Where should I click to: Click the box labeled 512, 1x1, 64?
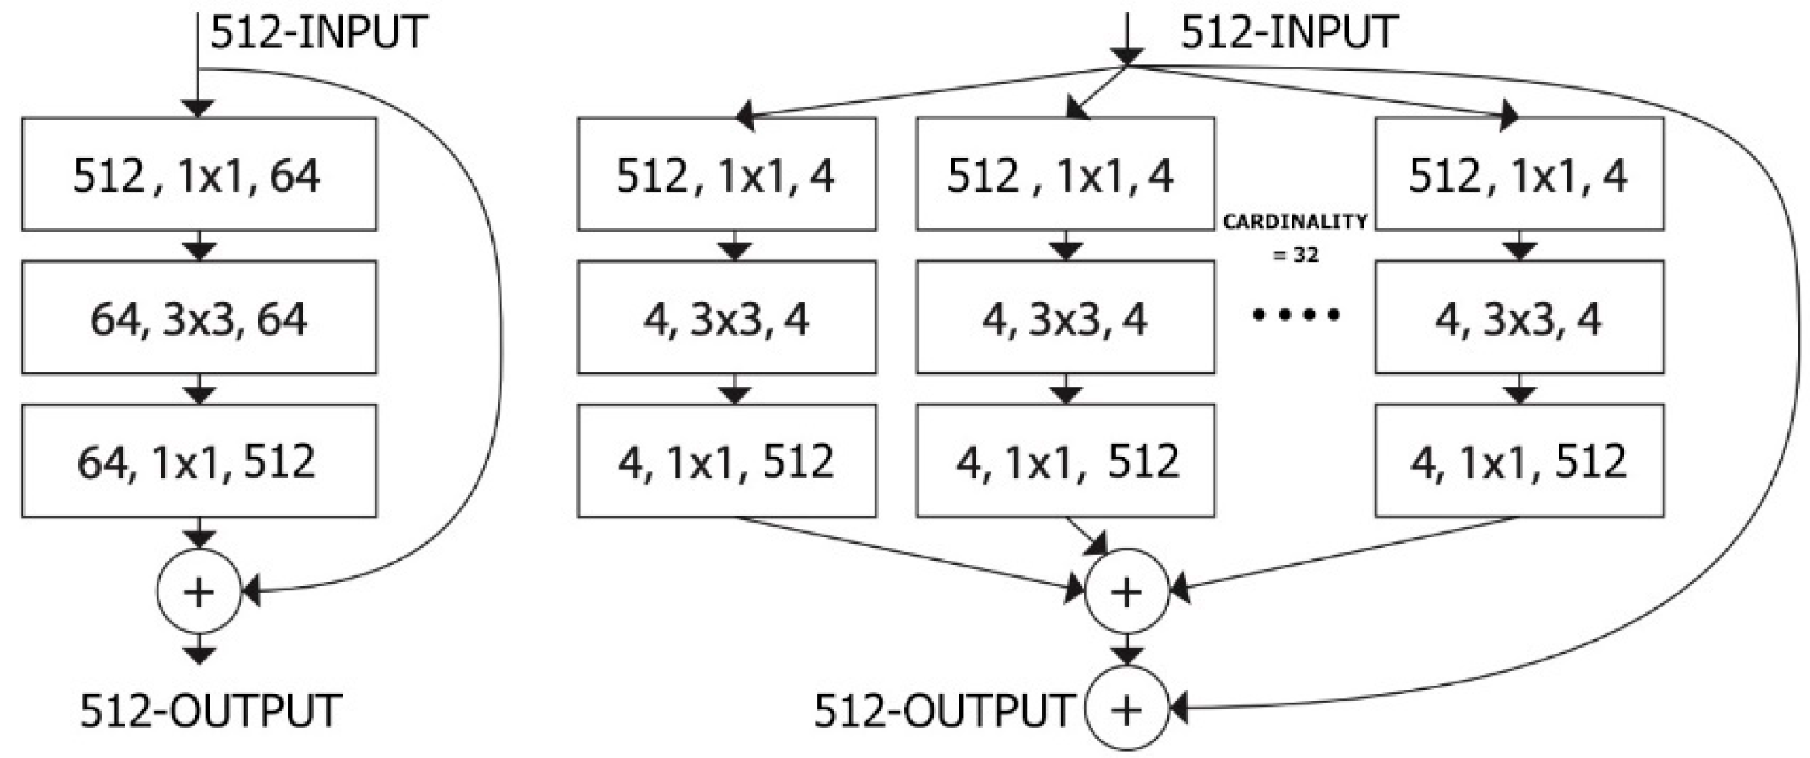(199, 174)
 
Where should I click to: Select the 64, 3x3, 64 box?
(199, 317)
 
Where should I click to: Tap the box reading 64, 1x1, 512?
(199, 461)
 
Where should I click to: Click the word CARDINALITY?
(1295, 222)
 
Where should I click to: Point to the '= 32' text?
(1295, 255)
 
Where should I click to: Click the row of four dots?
(1295, 315)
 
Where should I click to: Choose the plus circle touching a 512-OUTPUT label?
(1126, 709)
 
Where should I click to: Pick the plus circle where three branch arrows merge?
(1126, 592)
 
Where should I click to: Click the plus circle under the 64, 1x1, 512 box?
(199, 592)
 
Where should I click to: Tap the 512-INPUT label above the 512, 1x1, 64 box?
(319, 33)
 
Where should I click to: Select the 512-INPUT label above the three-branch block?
(1289, 33)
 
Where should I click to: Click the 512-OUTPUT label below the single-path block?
(210, 710)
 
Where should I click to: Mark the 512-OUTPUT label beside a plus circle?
(942, 710)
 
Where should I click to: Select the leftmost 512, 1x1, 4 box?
(726, 174)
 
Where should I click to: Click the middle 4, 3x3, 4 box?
(1065, 317)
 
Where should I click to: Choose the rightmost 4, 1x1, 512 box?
(1519, 461)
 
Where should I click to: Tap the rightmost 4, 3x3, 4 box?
(1519, 317)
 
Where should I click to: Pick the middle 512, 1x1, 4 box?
(1065, 174)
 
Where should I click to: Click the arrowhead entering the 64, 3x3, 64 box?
(199, 252)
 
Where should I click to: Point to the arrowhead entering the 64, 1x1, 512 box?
(199, 395)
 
